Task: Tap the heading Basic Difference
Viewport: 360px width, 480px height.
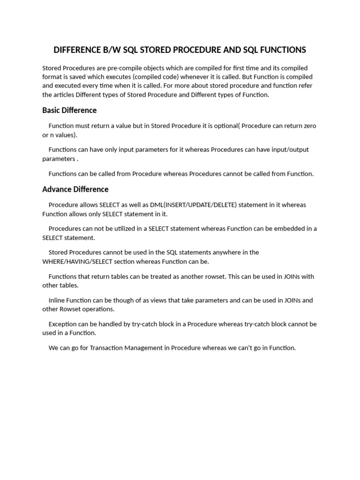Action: tap(69, 110)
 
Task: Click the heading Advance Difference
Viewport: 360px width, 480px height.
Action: tap(75, 189)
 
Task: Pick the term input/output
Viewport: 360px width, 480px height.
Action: tap(289, 150)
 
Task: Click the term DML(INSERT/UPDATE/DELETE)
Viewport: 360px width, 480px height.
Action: tap(193, 205)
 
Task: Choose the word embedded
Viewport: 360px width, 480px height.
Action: tap(286, 229)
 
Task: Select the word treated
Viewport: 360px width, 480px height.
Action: tap(146, 277)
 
